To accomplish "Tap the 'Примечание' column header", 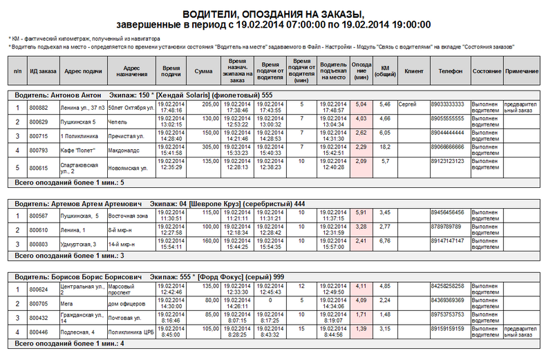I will [x=521, y=71].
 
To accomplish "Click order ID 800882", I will [x=39, y=107].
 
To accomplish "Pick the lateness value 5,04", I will [x=361, y=104].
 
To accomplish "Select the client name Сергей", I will [x=407, y=104].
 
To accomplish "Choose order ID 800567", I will [x=39, y=216].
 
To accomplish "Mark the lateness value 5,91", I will [x=361, y=212].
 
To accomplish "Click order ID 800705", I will [x=39, y=303].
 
